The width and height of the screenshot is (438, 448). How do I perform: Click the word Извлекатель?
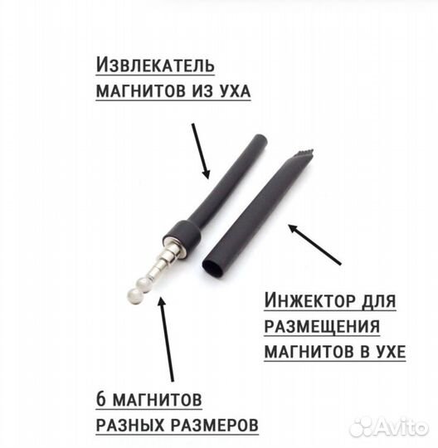pos(155,65)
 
